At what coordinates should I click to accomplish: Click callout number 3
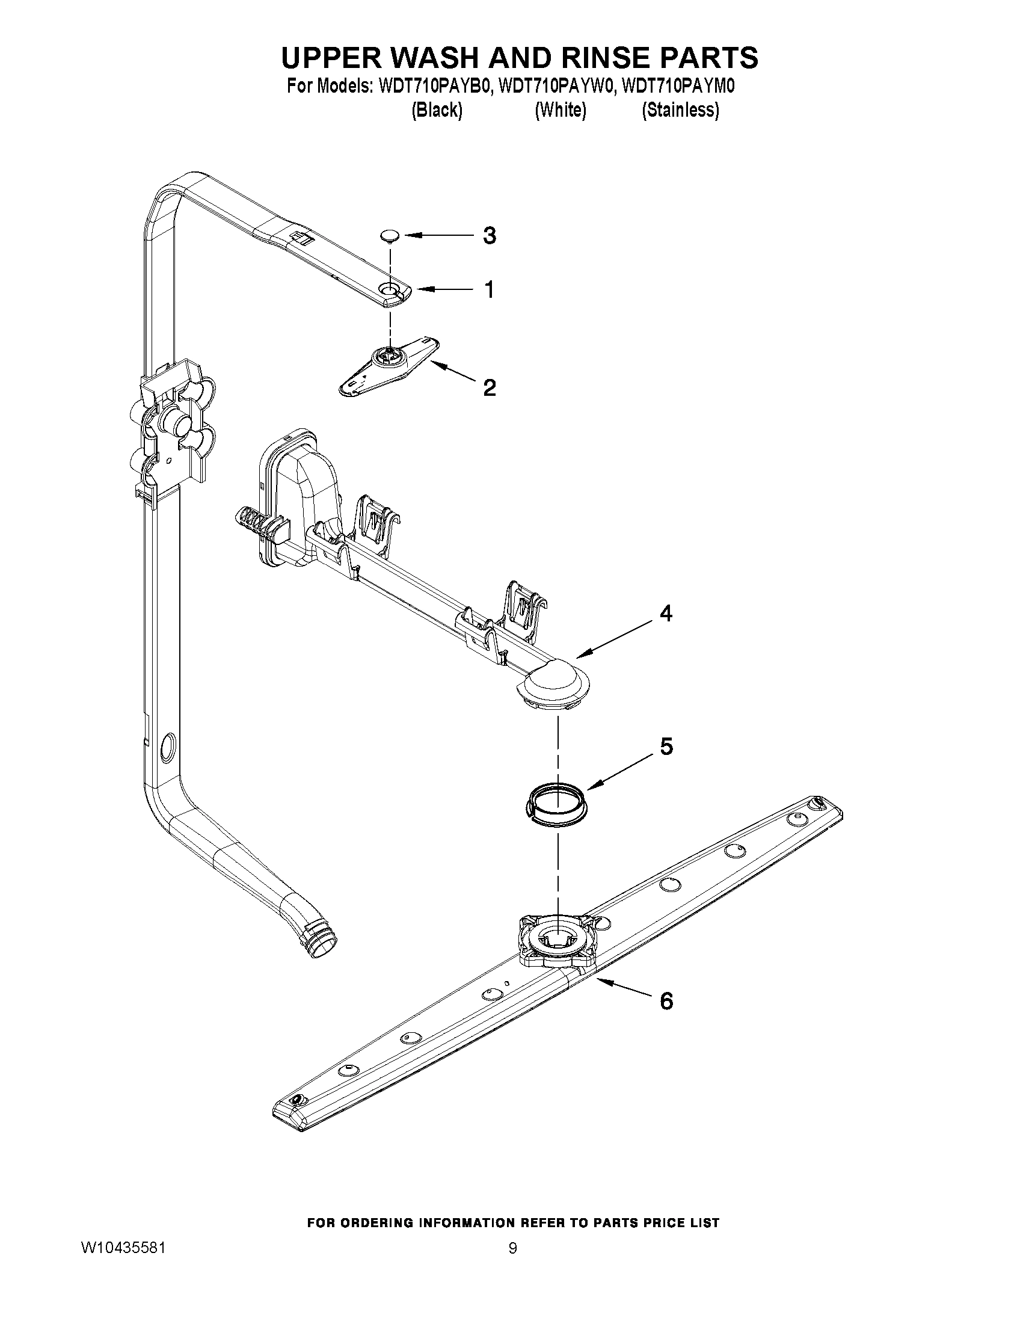pos(489,235)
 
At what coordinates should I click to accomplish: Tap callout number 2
pos(489,387)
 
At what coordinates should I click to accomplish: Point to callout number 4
pos(665,614)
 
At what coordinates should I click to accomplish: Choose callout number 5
pos(665,747)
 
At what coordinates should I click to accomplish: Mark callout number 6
pos(665,1001)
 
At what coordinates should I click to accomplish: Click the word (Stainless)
pos(681,110)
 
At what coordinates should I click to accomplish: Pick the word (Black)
pos(437,110)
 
